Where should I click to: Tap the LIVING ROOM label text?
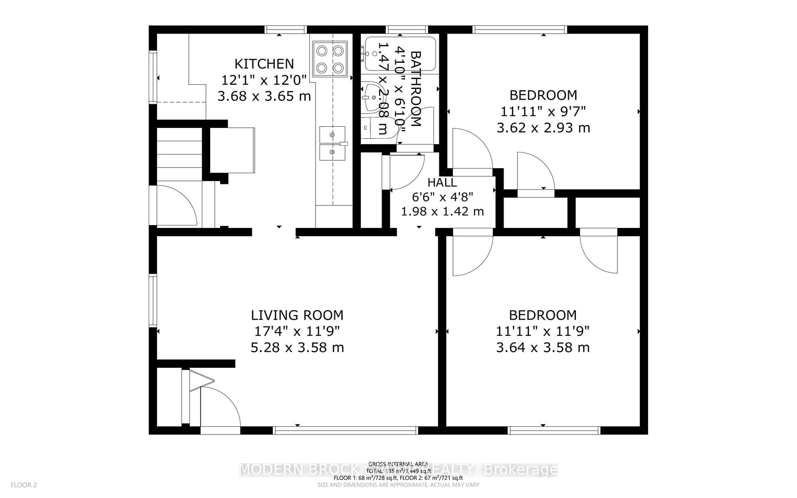click(297, 315)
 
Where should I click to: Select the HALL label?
click(442, 182)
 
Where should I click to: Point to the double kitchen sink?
click(332, 144)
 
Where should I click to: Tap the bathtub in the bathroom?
click(400, 54)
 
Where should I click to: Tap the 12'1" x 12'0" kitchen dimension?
click(264, 80)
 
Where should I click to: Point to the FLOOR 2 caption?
click(24, 485)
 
